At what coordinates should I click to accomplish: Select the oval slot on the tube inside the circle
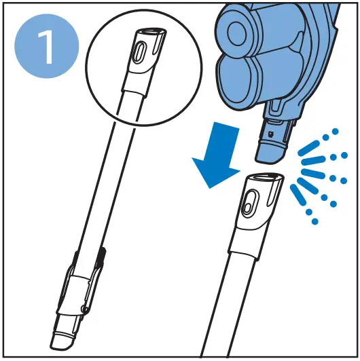pyautogui.click(x=140, y=53)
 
